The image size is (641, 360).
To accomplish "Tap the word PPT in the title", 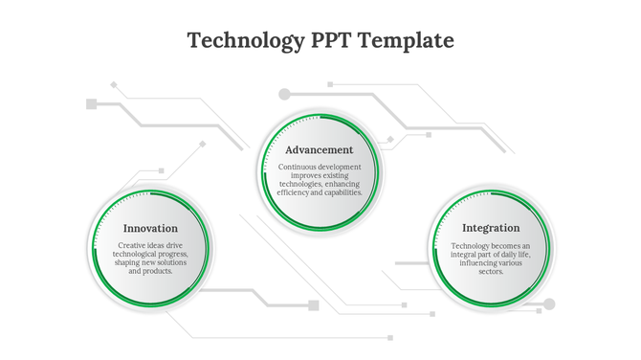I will [335, 40].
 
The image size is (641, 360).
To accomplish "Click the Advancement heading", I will [320, 150].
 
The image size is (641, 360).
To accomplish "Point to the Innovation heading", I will [150, 229].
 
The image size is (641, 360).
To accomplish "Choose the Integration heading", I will [491, 229].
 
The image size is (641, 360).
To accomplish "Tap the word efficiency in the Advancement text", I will [295, 192].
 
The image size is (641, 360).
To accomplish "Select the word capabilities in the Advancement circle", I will [342, 192].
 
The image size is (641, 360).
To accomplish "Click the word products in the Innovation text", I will [157, 272].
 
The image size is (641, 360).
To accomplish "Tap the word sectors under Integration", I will [491, 272].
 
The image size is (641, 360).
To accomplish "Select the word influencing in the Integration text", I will [475, 263].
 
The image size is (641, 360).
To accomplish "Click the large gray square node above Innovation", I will [91, 103].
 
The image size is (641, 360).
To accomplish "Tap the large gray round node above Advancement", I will [284, 94].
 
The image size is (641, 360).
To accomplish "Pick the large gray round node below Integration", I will [548, 304].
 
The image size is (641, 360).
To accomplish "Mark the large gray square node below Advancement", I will [313, 305].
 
